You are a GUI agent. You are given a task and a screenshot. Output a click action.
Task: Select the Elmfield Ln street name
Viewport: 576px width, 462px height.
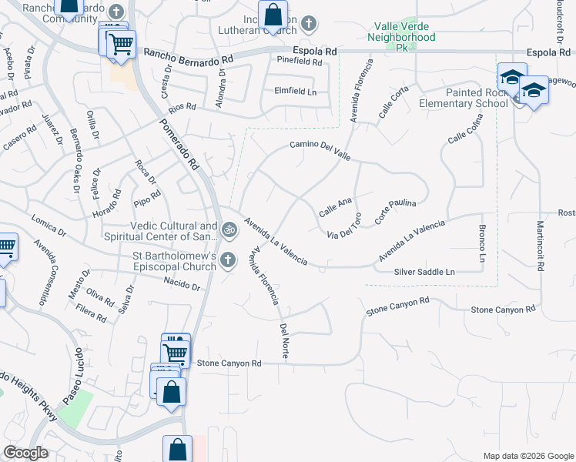coord(296,90)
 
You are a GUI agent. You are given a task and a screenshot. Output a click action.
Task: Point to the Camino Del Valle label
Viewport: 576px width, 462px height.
coord(320,150)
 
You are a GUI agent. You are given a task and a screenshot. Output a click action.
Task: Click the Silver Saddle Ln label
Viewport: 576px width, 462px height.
coord(424,272)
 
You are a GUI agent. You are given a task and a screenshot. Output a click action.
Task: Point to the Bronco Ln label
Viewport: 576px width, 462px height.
coord(482,242)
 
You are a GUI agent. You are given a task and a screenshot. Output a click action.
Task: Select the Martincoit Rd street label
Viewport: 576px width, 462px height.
coord(541,246)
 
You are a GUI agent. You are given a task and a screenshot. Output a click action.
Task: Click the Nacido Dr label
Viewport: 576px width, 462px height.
coord(182,286)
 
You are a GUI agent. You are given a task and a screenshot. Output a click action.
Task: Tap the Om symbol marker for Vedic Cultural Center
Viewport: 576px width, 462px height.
coord(229,230)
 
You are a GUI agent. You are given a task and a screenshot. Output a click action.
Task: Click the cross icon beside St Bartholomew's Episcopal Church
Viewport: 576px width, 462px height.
coord(227,260)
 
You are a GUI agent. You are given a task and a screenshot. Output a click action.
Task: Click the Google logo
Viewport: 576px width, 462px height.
coord(26,453)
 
